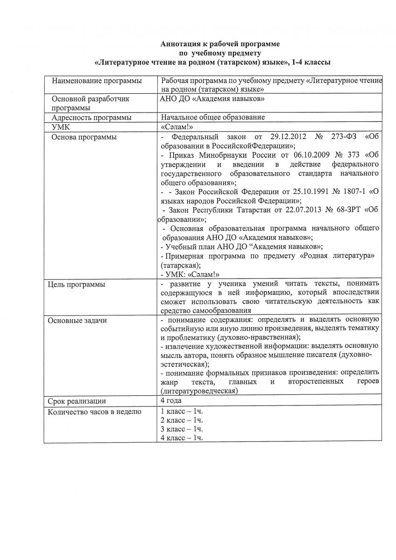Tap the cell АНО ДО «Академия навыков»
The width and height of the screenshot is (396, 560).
pos(213,99)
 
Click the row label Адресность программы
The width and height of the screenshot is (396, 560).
pos(92,118)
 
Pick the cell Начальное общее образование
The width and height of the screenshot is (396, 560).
pos(213,118)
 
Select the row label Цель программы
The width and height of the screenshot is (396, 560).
pos(77,284)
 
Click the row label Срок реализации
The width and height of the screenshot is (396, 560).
pos(77,401)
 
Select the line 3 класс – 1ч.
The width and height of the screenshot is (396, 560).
pos(182,429)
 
